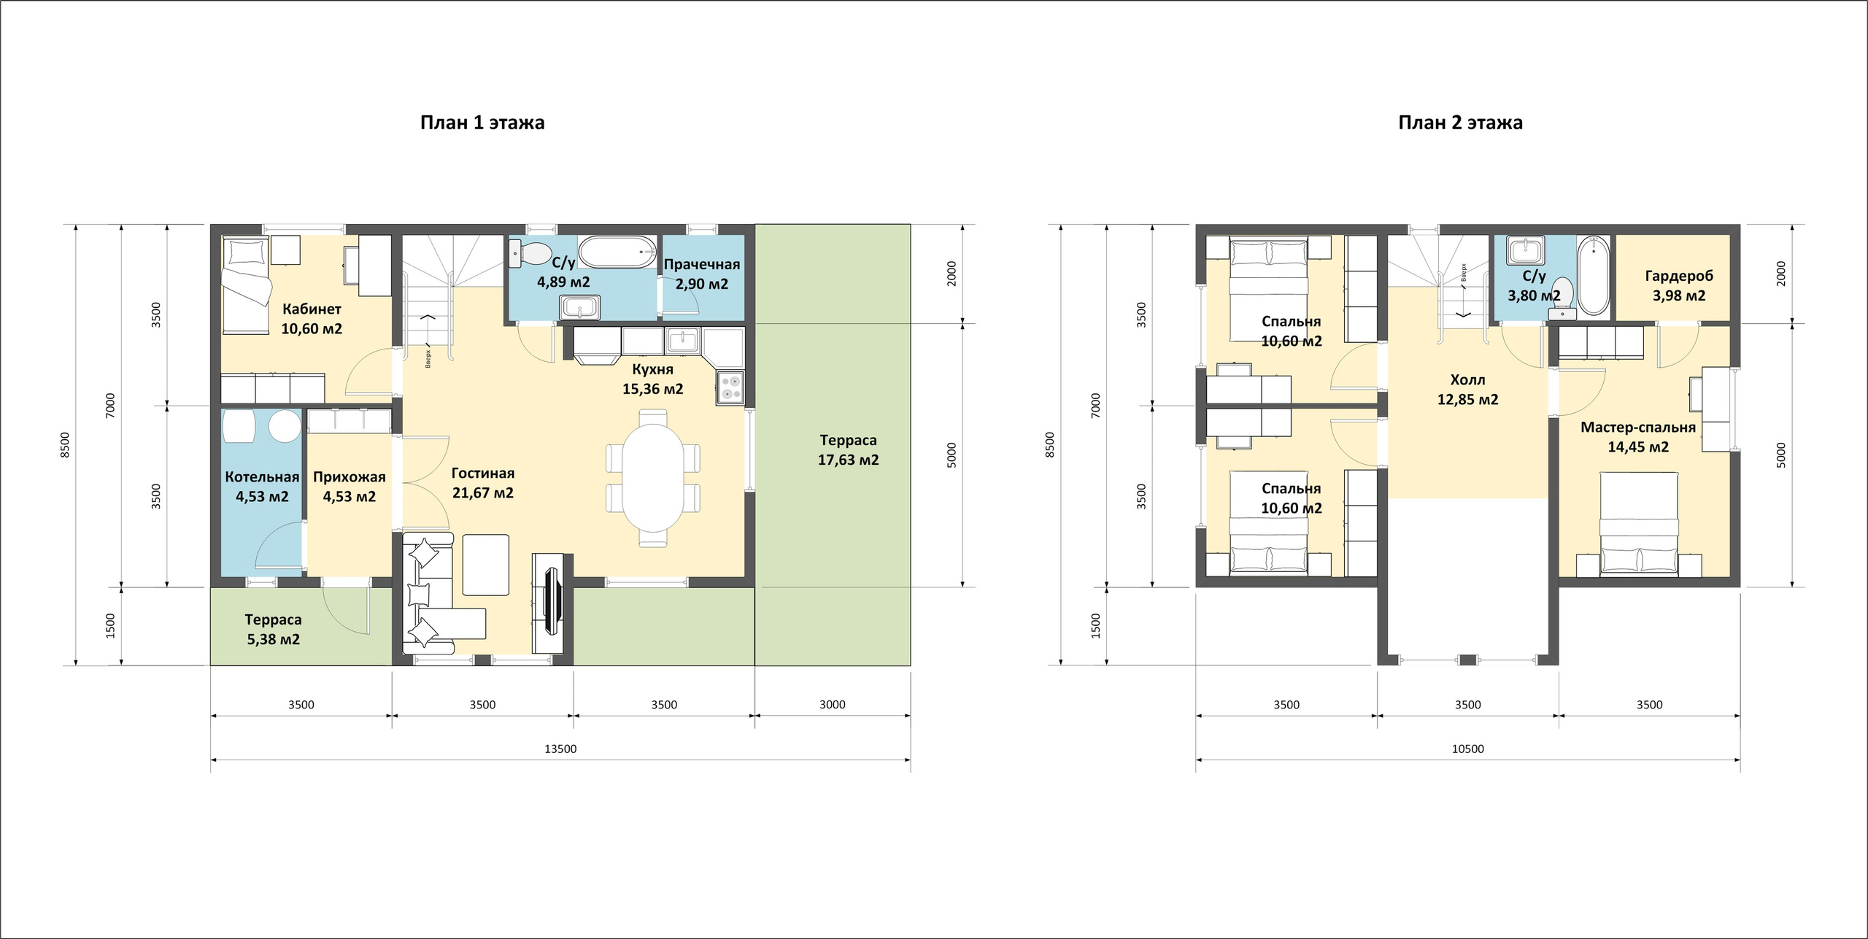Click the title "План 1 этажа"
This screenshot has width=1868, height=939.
coord(482,123)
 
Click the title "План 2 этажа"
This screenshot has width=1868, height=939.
coord(1460,123)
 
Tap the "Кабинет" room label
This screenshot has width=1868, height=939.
coord(312,309)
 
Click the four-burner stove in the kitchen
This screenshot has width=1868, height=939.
coord(730,387)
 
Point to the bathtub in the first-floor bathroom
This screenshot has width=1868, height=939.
coord(617,252)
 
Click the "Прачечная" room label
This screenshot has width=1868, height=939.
coord(702,265)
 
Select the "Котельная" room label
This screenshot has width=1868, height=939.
coord(262,477)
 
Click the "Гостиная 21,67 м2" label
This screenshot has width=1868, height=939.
coord(483,483)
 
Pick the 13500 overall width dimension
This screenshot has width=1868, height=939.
coord(560,749)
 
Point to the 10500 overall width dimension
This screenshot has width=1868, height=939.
coord(1467,749)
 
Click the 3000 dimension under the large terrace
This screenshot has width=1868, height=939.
coord(833,705)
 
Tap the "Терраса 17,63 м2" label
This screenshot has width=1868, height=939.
coord(848,450)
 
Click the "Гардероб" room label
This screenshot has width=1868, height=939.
coord(1679,277)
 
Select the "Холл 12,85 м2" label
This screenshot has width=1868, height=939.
coord(1467,390)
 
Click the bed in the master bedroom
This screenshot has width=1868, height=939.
coord(1639,524)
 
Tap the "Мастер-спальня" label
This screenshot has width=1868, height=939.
coord(1638,428)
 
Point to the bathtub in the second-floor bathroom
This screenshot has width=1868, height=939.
coord(1593,277)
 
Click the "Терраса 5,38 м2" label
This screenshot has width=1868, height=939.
coord(273,630)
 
